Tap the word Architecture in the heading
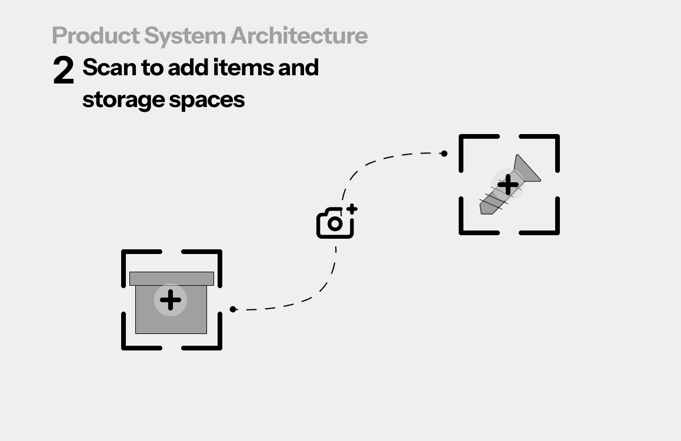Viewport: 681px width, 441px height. click(299, 35)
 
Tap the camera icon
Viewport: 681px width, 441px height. click(335, 223)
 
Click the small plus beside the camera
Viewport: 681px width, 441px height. click(352, 209)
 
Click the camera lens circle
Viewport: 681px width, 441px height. click(335, 224)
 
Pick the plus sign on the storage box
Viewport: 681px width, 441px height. click(171, 300)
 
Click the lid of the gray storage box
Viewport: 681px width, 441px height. click(171, 279)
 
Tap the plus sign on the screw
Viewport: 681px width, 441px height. click(508, 185)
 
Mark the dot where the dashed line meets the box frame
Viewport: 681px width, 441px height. click(233, 309)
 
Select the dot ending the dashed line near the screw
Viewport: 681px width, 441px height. click(445, 153)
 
